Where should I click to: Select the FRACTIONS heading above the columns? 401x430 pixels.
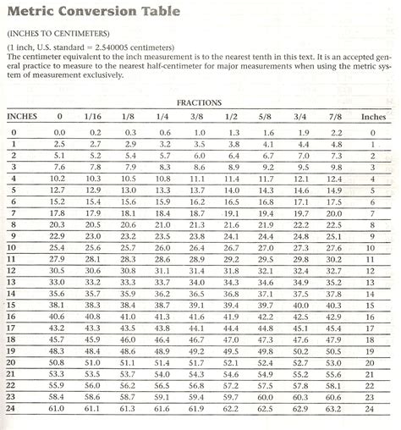point(199,102)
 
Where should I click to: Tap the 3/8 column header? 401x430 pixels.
point(196,117)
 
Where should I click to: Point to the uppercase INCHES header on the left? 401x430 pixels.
point(21,117)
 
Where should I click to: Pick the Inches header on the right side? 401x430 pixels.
point(373,117)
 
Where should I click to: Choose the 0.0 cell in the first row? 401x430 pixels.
point(59,133)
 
